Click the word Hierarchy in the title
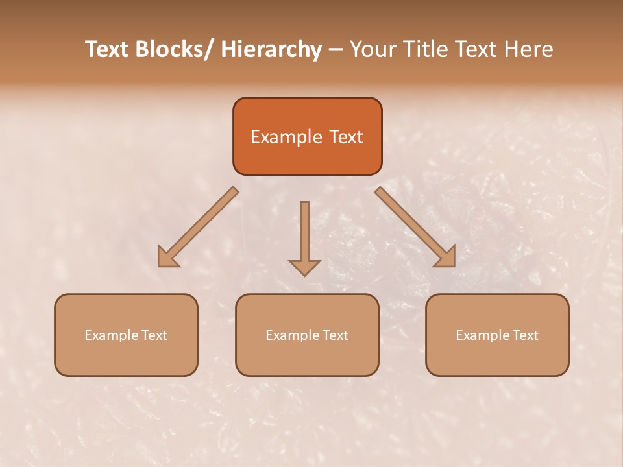(x=271, y=49)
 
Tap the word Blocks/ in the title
(x=173, y=49)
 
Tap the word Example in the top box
(x=286, y=137)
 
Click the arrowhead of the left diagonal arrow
(x=167, y=257)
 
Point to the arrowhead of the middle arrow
(x=304, y=267)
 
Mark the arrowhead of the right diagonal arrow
(x=446, y=257)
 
